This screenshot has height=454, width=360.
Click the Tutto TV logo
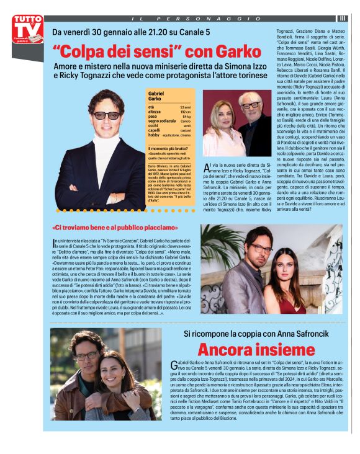[27, 30]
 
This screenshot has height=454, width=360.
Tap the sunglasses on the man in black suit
[107, 115]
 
